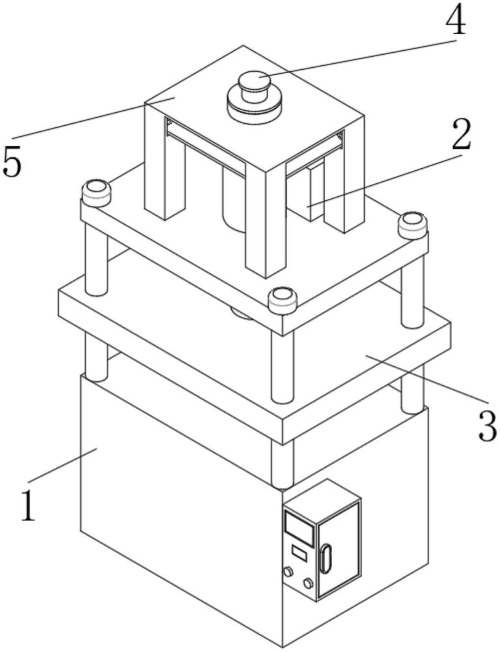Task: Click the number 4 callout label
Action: point(455,22)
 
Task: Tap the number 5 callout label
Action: point(12,161)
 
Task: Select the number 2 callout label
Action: point(460,136)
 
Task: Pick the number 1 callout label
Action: point(27,505)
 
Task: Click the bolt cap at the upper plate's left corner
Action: point(96,192)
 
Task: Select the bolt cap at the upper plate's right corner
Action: point(412,225)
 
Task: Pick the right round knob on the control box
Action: point(307,582)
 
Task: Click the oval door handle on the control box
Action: point(326,559)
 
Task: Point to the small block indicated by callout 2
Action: point(314,192)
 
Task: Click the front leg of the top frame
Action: point(266,222)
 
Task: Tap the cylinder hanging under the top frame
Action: point(233,199)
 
